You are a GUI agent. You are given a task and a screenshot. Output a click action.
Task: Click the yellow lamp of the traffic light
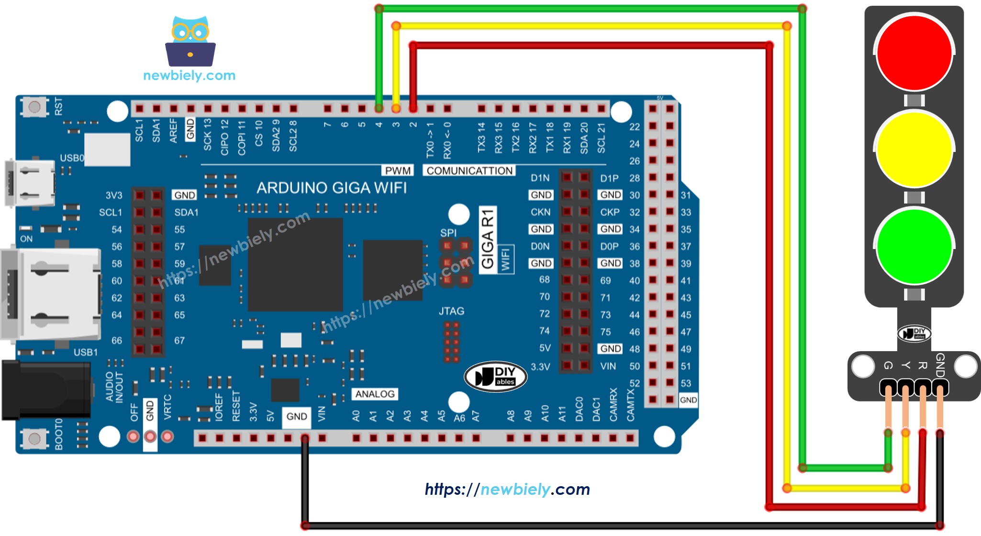[914, 149]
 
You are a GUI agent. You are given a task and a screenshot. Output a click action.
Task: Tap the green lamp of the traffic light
[914, 246]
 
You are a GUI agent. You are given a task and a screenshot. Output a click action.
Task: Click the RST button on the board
[34, 106]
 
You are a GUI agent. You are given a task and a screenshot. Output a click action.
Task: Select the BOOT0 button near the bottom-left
[34, 438]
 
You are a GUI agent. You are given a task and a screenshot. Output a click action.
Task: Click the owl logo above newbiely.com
[190, 42]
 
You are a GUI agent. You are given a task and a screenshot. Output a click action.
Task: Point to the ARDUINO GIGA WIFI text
[332, 188]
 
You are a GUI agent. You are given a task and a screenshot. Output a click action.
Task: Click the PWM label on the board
[398, 171]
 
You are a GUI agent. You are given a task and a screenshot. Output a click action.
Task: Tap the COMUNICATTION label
[469, 171]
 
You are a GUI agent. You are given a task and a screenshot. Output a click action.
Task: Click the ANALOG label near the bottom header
[375, 394]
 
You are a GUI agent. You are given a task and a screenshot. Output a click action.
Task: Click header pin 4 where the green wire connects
[379, 109]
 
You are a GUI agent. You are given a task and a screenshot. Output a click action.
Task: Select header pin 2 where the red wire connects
[413, 109]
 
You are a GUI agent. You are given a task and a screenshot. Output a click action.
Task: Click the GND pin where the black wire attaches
[305, 438]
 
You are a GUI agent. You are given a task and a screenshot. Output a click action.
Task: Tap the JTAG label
[451, 311]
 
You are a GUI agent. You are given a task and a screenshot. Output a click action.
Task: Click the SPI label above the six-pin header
[448, 233]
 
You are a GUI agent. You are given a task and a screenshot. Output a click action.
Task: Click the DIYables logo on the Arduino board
[495, 376]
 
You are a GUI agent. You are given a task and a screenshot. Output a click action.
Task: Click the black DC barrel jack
[46, 390]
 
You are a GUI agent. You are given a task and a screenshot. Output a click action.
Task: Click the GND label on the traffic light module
[940, 365]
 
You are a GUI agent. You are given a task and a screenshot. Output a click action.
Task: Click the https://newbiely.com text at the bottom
[507, 489]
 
